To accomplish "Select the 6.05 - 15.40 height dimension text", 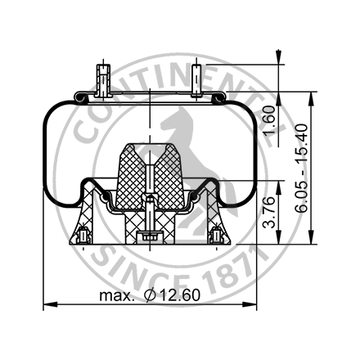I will click(304, 169).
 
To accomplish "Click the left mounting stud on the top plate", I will click(102, 79).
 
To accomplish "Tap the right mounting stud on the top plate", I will click(199, 79).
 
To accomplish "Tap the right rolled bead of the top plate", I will click(221, 97).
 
